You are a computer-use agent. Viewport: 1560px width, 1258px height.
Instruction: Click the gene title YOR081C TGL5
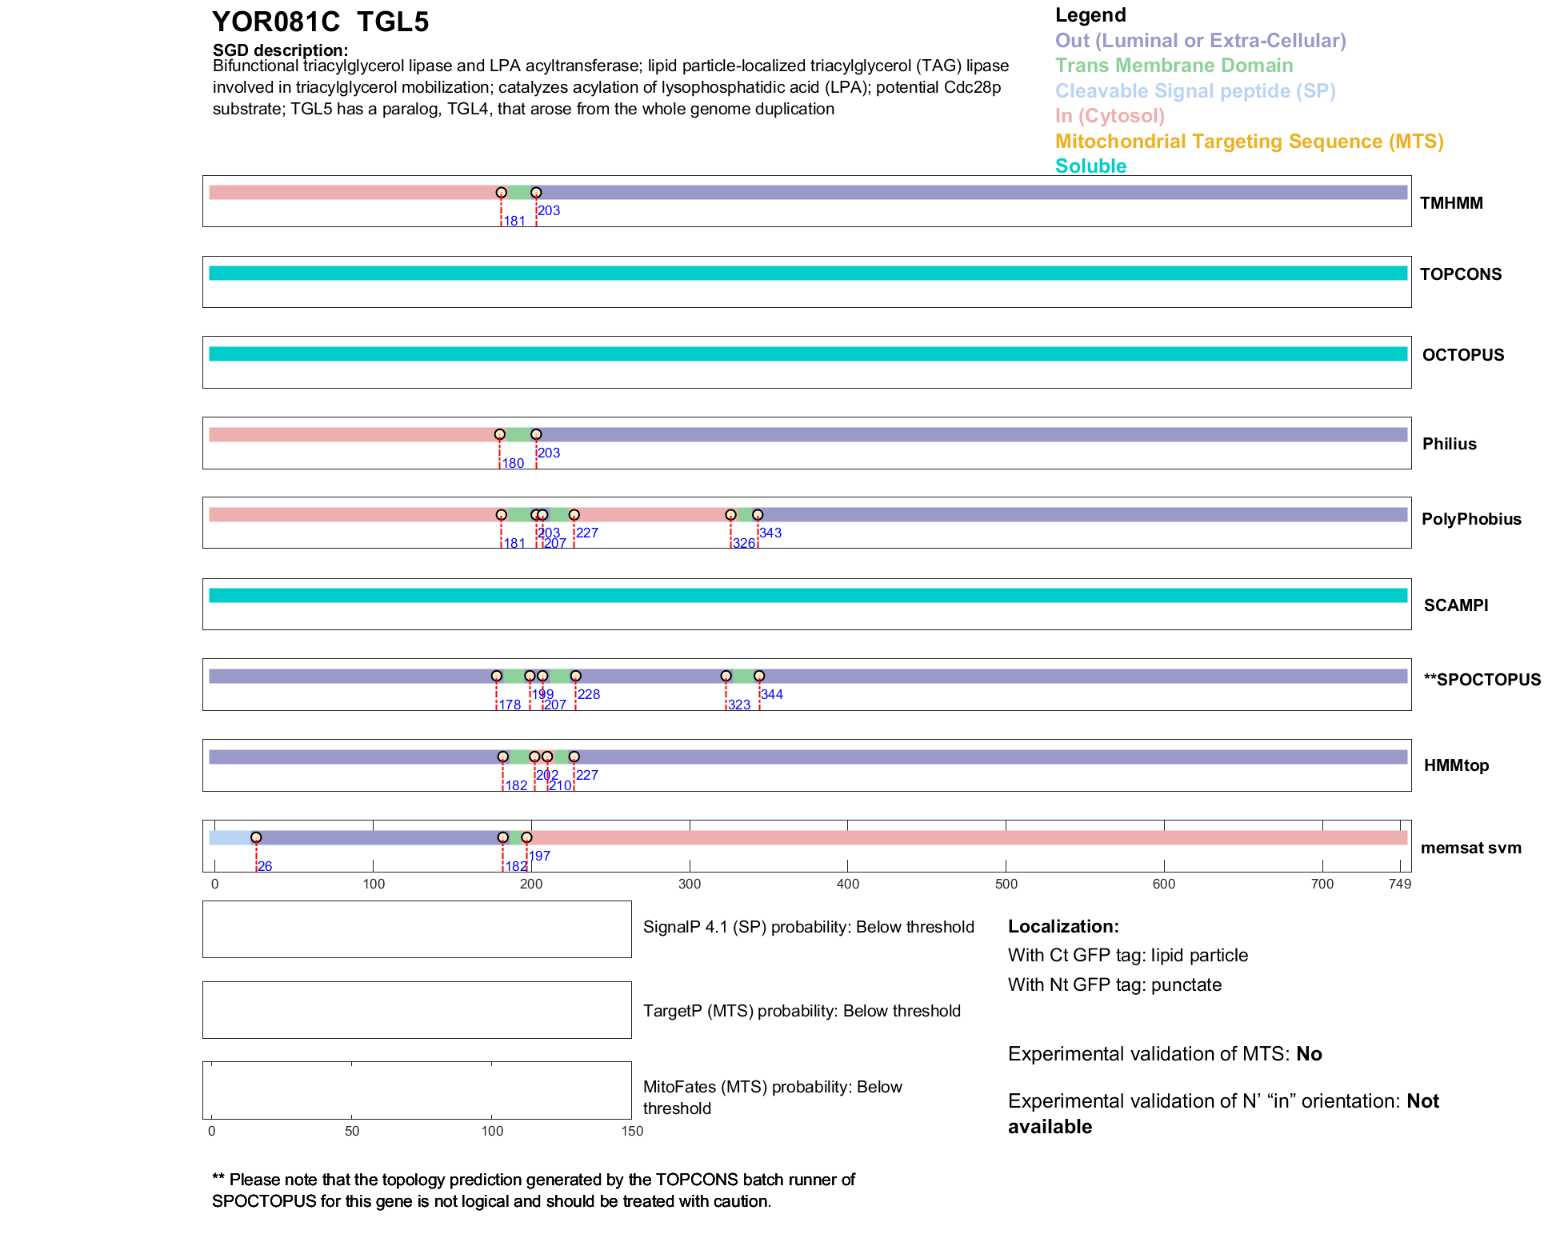tap(320, 22)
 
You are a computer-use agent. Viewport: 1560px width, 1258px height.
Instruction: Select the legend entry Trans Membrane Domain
tap(1174, 66)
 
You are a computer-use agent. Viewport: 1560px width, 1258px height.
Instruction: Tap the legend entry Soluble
tap(1090, 166)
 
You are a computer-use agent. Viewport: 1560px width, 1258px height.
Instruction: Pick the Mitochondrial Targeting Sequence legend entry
tap(1249, 142)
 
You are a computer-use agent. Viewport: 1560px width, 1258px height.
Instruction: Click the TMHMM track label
tap(1451, 203)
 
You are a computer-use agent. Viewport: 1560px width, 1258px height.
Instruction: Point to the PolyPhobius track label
tap(1470, 519)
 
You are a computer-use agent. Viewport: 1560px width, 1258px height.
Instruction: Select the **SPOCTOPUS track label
tap(1482, 680)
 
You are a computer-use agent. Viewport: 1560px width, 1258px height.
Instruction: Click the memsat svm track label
tap(1470, 848)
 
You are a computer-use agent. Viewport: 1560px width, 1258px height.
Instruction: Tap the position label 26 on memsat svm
tap(265, 867)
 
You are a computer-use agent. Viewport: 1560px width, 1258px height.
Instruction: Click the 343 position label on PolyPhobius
tap(770, 533)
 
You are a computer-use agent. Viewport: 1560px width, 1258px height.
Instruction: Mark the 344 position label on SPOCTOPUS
tap(772, 695)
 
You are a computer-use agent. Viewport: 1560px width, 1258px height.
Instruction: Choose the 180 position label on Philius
tap(513, 464)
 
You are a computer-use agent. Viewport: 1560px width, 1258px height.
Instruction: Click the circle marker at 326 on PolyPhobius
tap(730, 515)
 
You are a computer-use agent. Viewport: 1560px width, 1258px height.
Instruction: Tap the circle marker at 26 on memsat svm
tap(256, 837)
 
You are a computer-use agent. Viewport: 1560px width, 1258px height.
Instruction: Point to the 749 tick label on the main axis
tap(1399, 885)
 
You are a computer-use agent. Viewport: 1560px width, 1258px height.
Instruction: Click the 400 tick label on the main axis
tap(847, 885)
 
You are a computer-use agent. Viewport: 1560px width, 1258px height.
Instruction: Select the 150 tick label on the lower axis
tap(632, 1132)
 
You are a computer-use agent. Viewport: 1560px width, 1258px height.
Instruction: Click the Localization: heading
tap(1063, 927)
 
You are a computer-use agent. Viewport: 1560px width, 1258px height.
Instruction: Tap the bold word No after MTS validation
tap(1309, 1054)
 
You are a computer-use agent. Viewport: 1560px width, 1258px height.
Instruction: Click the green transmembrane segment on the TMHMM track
tap(518, 193)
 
